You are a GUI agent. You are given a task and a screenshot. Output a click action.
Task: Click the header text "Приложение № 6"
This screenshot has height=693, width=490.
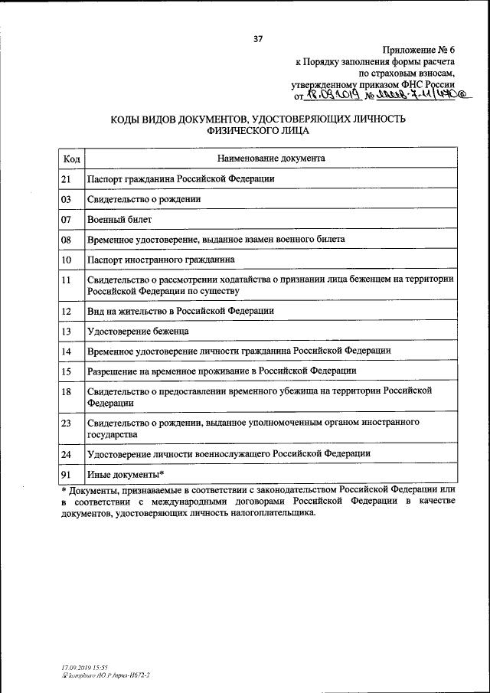pyautogui.click(x=418, y=47)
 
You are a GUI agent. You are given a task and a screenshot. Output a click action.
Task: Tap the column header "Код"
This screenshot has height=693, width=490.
pyautogui.click(x=72, y=159)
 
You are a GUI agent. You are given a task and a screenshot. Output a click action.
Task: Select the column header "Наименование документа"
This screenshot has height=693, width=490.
pyautogui.click(x=270, y=159)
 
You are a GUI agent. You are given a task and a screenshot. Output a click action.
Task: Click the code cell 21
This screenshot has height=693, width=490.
pyautogui.click(x=67, y=179)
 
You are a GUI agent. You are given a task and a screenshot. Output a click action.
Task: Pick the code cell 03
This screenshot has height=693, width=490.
pyautogui.click(x=67, y=199)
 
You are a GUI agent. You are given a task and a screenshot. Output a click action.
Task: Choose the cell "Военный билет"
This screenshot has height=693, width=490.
pyautogui.click(x=119, y=219)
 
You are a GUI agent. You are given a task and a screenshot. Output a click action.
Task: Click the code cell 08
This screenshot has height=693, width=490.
pyautogui.click(x=67, y=239)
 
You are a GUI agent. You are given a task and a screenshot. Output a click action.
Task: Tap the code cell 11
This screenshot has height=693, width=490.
pyautogui.click(x=67, y=280)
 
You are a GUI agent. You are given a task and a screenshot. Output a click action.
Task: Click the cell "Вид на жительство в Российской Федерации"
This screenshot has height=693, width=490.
pyautogui.click(x=180, y=311)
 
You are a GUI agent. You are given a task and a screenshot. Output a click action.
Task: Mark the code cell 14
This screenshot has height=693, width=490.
pyautogui.click(x=67, y=351)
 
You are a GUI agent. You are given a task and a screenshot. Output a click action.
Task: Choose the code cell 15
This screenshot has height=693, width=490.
pyautogui.click(x=67, y=371)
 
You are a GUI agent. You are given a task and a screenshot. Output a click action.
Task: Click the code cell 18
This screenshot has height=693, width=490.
pyautogui.click(x=67, y=391)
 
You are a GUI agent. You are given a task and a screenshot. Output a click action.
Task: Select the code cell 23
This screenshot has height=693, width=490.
pyautogui.click(x=67, y=422)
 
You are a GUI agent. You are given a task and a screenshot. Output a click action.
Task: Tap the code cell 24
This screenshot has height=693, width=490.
pyautogui.click(x=67, y=453)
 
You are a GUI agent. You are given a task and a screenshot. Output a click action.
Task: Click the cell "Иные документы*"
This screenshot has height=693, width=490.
pyautogui.click(x=126, y=473)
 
